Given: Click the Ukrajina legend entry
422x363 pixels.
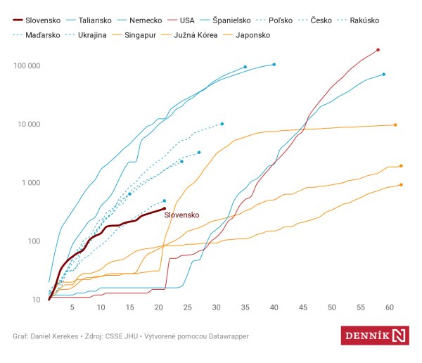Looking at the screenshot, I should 91,34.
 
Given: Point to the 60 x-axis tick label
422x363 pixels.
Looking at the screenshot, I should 390,308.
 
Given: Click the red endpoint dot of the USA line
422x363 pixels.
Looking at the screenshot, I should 378,50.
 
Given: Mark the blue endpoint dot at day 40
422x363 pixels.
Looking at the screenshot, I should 274,65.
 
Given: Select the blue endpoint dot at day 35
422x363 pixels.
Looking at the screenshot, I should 245,67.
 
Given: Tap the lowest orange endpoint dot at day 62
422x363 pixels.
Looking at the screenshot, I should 401,185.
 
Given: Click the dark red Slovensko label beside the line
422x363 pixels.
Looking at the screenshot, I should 182,215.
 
